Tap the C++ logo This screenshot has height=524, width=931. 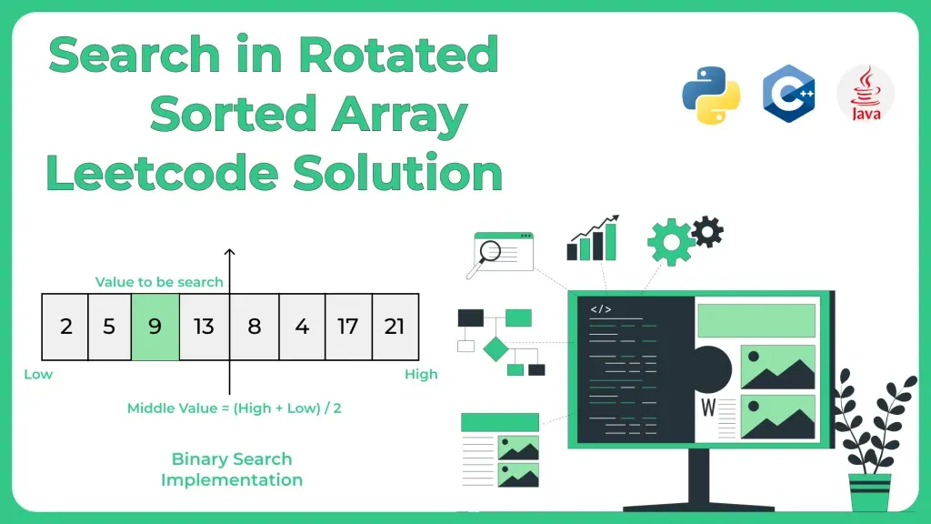(788, 95)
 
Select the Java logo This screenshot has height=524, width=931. (866, 95)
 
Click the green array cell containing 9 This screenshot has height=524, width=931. (155, 326)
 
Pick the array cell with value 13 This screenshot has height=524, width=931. (204, 326)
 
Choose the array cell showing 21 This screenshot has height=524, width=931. (395, 326)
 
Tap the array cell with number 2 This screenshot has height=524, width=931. (65, 326)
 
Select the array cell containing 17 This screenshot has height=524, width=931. (347, 326)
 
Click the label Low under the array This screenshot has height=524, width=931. (38, 374)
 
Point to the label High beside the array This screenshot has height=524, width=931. (421, 374)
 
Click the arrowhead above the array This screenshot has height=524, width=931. (229, 253)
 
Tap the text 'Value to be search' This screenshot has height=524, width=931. (159, 282)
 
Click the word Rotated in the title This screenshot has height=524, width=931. (398, 55)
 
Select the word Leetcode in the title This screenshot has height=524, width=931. (160, 173)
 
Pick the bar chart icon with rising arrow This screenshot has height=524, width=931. (594, 238)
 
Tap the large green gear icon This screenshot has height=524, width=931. (670, 242)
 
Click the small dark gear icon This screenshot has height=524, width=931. (707, 231)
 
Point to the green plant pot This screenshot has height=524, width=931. (870, 491)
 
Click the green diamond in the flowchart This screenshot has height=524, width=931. (496, 348)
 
